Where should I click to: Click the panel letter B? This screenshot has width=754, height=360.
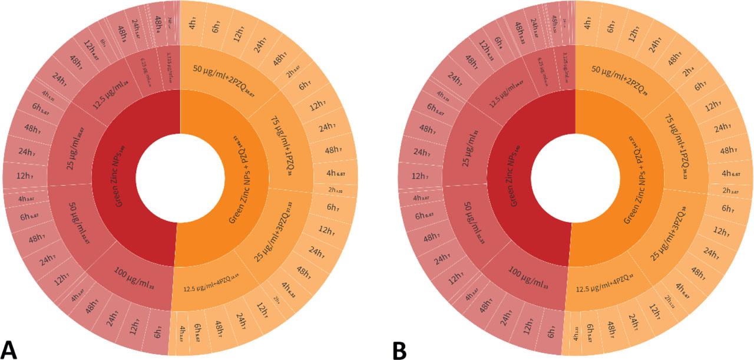click(399, 348)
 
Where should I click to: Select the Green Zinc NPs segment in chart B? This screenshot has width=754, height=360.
click(513, 177)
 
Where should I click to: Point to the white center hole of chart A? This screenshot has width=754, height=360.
click(180, 177)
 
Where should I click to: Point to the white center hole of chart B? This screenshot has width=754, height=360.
click(576, 177)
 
